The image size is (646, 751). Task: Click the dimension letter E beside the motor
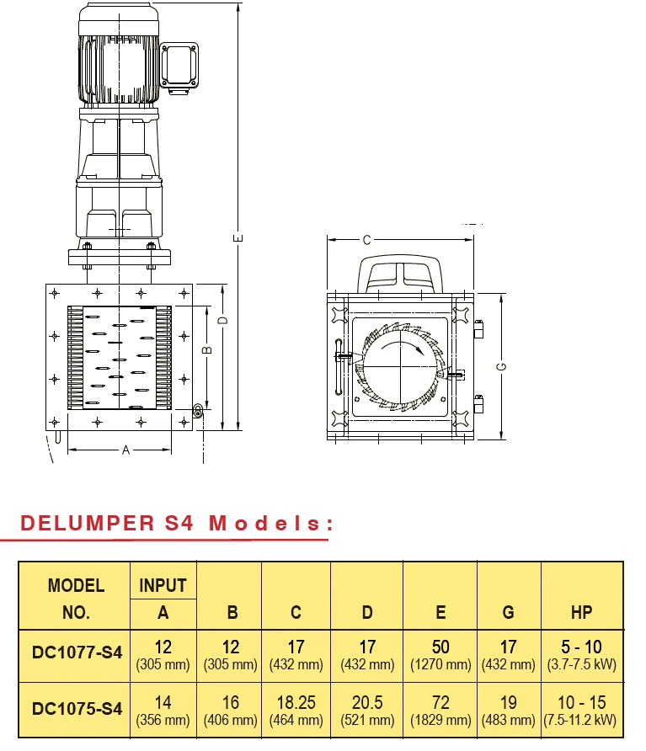click(x=239, y=239)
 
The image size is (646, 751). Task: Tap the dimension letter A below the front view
click(x=125, y=450)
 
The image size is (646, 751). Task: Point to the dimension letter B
click(x=207, y=348)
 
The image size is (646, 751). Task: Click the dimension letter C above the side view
click(x=366, y=240)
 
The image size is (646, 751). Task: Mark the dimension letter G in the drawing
click(x=501, y=366)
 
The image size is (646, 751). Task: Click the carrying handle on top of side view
click(x=400, y=272)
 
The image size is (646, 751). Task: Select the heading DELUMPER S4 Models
click(x=173, y=523)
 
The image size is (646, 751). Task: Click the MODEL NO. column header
click(x=76, y=598)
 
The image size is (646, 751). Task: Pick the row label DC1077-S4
click(x=77, y=652)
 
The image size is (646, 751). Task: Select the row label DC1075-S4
click(x=77, y=708)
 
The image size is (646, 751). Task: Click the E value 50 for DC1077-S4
click(x=440, y=647)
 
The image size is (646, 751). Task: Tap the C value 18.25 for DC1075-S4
click(x=296, y=702)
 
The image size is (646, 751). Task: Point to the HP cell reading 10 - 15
click(x=581, y=702)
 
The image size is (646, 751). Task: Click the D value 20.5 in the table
click(x=367, y=702)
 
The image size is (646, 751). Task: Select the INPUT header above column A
click(x=163, y=585)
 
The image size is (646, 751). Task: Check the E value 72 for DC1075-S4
click(x=440, y=702)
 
